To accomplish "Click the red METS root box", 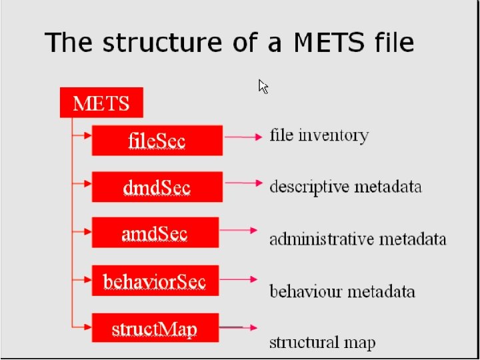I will pyautogui.click(x=101, y=103).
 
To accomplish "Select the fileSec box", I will pyautogui.click(x=157, y=140).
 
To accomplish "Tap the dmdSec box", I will pyautogui.click(x=157, y=187).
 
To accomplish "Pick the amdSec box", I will pyautogui.click(x=155, y=233).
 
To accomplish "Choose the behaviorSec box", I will pyautogui.click(x=155, y=281).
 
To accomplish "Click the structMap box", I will pyautogui.click(x=155, y=328).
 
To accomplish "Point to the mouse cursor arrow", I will pyautogui.click(x=263, y=86).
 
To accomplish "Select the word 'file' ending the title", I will pyautogui.click(x=394, y=43).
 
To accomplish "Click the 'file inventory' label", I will pyautogui.click(x=319, y=135).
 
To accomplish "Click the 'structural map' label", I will pyautogui.click(x=322, y=343).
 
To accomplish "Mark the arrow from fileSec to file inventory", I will pyautogui.click(x=243, y=137).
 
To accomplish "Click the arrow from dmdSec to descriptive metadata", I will pyautogui.click(x=241, y=182).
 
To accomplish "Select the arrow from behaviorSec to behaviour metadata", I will pyautogui.click(x=241, y=279).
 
